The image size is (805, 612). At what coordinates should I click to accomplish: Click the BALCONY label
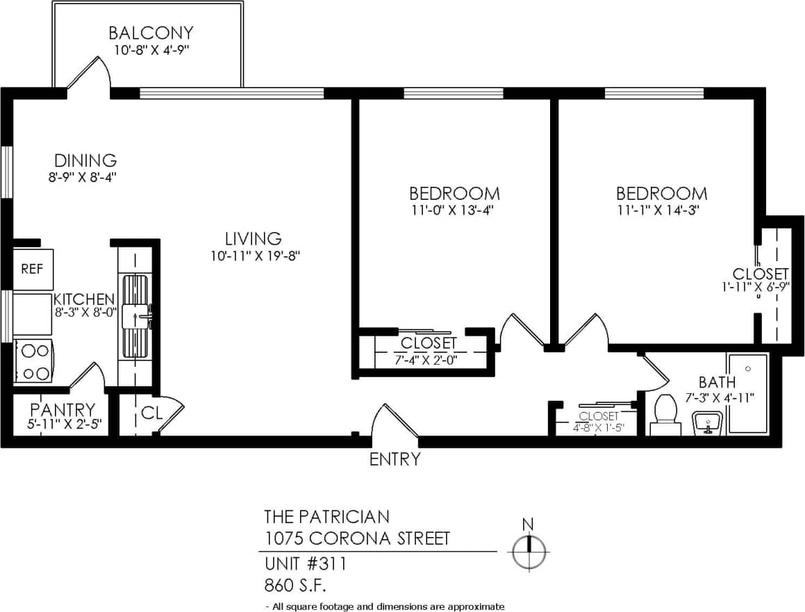(150, 33)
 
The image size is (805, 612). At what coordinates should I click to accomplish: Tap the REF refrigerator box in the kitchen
(33, 270)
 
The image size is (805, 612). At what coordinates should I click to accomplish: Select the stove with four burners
(33, 361)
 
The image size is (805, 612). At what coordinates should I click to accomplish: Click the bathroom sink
(707, 422)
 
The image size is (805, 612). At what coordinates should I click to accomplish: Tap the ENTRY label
(395, 459)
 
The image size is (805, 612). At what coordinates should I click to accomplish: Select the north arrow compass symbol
(529, 552)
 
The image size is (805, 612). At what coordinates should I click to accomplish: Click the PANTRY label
(62, 409)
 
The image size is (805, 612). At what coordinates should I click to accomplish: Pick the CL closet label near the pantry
(151, 413)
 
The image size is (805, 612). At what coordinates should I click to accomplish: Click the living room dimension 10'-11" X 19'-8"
(256, 256)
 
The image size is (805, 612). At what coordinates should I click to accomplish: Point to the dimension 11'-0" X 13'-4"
(454, 210)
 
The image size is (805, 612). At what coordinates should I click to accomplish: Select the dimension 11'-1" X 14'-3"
(662, 210)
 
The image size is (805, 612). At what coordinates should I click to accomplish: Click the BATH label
(717, 382)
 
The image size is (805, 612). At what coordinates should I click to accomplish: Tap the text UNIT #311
(305, 563)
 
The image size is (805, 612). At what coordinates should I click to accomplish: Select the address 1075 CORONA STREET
(357, 538)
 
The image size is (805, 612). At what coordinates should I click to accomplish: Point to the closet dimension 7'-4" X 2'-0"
(429, 359)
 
